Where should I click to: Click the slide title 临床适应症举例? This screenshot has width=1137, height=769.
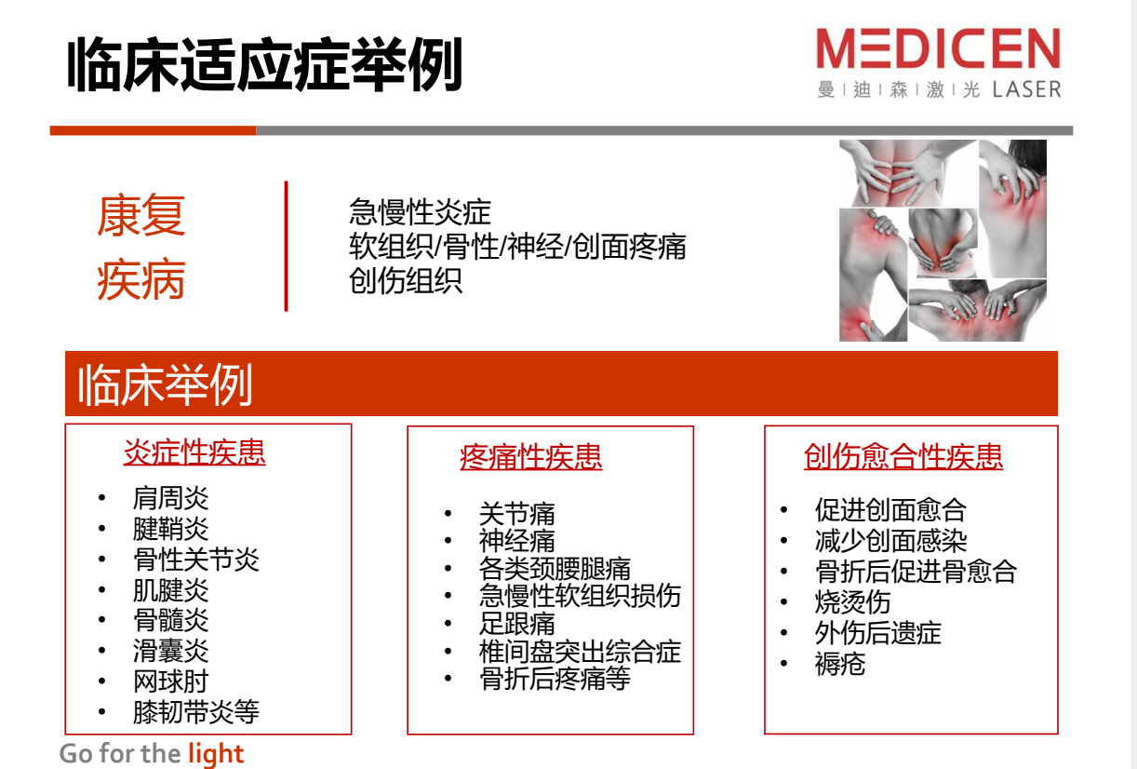(x=264, y=64)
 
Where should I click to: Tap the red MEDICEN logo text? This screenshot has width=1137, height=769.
(x=938, y=48)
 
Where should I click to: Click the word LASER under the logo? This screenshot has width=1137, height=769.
(x=1026, y=89)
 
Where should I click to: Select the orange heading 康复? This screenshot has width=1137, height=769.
(x=141, y=215)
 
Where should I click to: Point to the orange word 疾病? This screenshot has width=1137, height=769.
(x=141, y=279)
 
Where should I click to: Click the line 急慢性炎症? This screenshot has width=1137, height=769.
(x=420, y=212)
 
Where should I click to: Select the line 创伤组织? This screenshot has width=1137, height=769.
(x=406, y=281)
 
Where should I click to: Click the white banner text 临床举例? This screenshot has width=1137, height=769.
(x=165, y=385)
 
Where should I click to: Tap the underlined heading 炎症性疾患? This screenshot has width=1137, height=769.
(x=194, y=452)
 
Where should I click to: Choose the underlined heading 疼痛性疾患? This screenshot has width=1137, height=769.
(x=531, y=456)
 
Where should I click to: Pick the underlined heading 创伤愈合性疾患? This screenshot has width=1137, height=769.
(x=903, y=456)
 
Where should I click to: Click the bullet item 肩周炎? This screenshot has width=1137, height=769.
(x=170, y=498)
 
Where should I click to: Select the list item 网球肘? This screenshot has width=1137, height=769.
(x=170, y=681)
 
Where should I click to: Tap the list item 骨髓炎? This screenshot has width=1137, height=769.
(x=170, y=620)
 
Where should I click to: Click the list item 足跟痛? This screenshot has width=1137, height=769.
(x=516, y=623)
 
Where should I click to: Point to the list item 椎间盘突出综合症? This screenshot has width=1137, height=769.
(x=580, y=651)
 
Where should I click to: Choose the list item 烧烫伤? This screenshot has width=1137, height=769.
(x=852, y=602)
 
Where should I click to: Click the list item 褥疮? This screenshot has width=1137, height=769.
(x=840, y=664)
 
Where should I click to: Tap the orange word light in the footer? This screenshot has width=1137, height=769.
(x=216, y=754)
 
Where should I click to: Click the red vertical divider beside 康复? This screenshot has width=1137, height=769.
(x=287, y=246)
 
